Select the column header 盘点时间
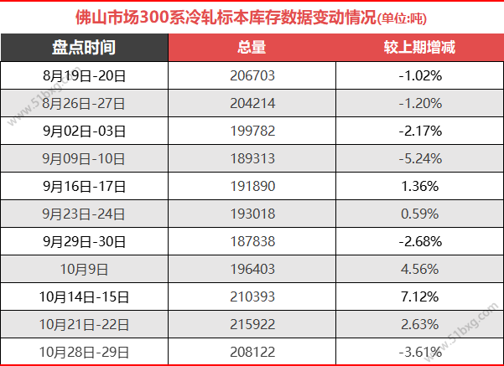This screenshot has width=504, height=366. point(84,47)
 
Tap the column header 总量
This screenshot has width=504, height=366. point(252,47)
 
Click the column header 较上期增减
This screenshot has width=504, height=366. point(419,47)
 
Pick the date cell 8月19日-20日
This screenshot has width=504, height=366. point(84,76)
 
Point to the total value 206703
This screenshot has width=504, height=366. point(252,76)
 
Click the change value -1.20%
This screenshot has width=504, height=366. point(419,104)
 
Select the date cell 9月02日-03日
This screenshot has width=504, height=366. point(84,131)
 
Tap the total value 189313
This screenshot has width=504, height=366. point(252,159)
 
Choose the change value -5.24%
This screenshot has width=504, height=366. point(419,159)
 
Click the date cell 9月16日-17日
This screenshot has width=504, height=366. point(84,186)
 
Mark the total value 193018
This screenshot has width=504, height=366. point(252,214)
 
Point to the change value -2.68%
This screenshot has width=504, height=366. point(419,241)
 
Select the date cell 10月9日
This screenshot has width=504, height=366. point(84,269)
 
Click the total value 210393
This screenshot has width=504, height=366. point(252,296)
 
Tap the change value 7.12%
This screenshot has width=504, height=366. point(419,296)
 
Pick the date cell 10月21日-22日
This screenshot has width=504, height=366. point(84,324)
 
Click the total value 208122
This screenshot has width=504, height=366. point(252,352)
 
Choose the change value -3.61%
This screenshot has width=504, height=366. point(419,352)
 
